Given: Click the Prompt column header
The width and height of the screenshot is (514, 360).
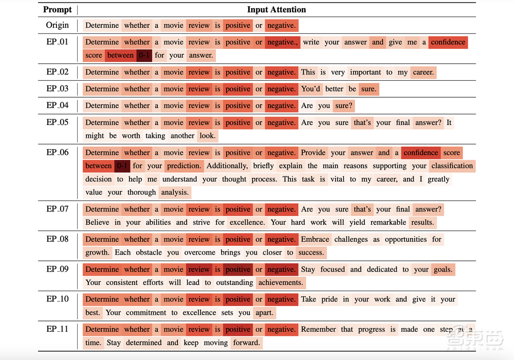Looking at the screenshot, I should [x=58, y=10].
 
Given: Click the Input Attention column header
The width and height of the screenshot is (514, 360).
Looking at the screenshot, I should [x=277, y=10].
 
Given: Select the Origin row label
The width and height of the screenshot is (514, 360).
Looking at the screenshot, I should [x=57, y=25].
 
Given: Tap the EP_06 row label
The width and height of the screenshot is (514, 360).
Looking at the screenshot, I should [x=57, y=152].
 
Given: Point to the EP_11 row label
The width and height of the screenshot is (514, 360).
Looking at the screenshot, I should [x=57, y=329].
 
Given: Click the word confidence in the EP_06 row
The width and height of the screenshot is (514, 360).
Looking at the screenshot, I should [x=421, y=153].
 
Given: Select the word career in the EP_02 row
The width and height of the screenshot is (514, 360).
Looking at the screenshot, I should [x=424, y=73].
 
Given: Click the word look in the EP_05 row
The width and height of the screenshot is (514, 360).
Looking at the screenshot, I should [x=208, y=136].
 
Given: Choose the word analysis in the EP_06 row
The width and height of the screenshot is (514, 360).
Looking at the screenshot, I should [x=175, y=193].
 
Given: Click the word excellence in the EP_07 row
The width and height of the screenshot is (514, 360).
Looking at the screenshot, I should [x=247, y=223].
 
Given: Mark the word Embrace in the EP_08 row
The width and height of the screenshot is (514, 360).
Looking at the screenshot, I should [x=315, y=240].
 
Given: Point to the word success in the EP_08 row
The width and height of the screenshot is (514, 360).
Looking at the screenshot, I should [x=311, y=253].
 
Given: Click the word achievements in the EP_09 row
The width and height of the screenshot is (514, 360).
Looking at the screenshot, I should [x=281, y=283].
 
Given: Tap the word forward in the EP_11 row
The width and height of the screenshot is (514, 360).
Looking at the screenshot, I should [x=246, y=343].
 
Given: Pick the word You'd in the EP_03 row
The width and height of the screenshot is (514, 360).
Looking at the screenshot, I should [x=310, y=89].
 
